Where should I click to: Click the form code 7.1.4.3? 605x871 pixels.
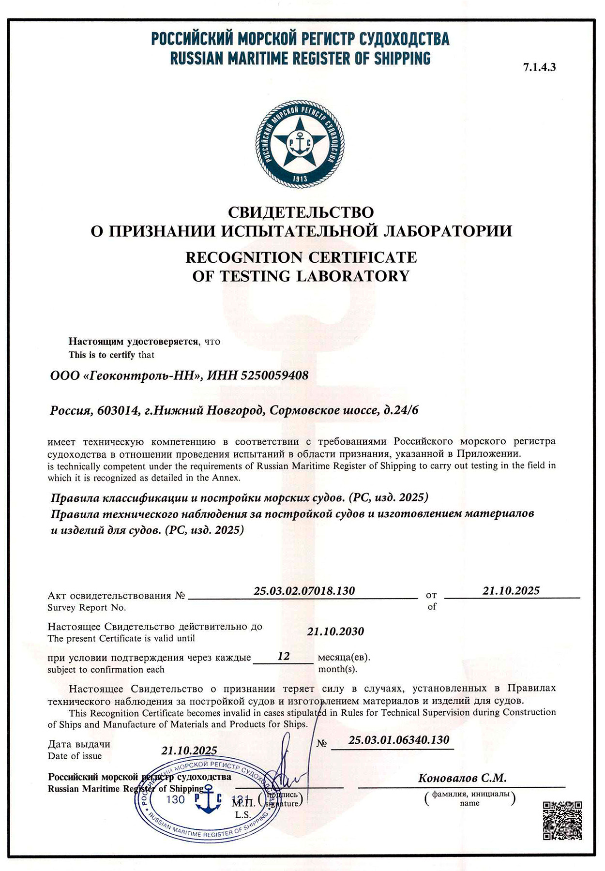[539, 68]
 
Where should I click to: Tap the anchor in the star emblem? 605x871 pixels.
[300, 143]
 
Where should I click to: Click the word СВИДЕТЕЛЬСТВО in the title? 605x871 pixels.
[301, 212]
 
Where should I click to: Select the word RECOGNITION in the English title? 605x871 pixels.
[244, 257]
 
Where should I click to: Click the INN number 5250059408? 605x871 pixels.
[274, 375]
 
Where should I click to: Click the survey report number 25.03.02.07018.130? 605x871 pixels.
[304, 591]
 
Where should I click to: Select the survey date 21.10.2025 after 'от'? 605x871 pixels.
[511, 590]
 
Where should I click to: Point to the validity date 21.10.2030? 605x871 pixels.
[335, 631]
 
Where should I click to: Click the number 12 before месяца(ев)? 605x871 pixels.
[284, 656]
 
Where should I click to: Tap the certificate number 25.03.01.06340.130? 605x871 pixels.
[399, 740]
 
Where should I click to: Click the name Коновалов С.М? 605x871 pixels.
[462, 778]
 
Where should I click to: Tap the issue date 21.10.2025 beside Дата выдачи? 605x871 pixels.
[189, 751]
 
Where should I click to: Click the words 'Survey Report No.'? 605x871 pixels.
[87, 608]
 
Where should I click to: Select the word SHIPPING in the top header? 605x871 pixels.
[402, 59]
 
